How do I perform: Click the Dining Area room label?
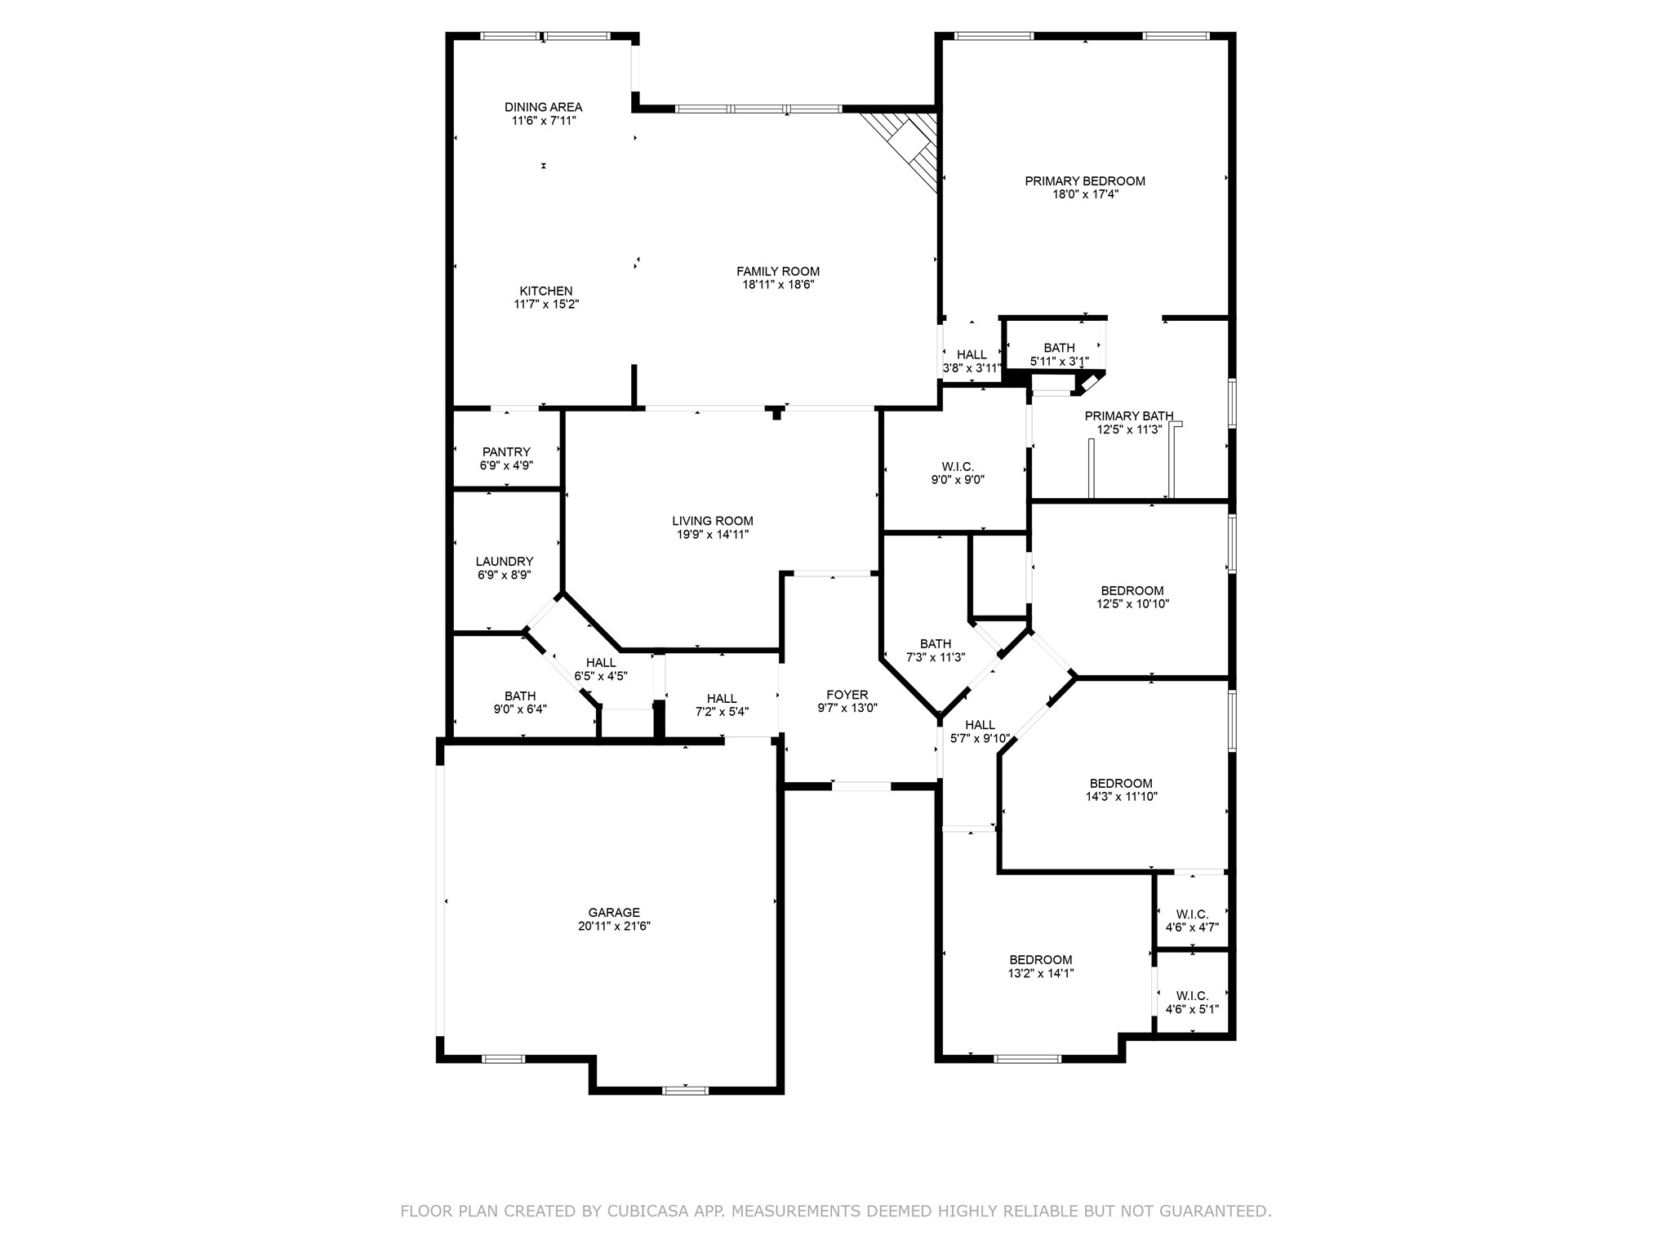click(543, 107)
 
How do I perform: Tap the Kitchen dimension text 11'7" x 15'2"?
click(546, 305)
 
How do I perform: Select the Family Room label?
click(778, 272)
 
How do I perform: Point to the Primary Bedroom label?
click(1085, 181)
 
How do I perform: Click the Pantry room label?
click(506, 452)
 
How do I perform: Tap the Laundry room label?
click(505, 562)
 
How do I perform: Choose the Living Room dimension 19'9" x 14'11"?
click(712, 535)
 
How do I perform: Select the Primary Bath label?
click(1129, 416)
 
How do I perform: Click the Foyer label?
click(847, 695)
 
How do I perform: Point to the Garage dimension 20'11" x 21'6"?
click(614, 927)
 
